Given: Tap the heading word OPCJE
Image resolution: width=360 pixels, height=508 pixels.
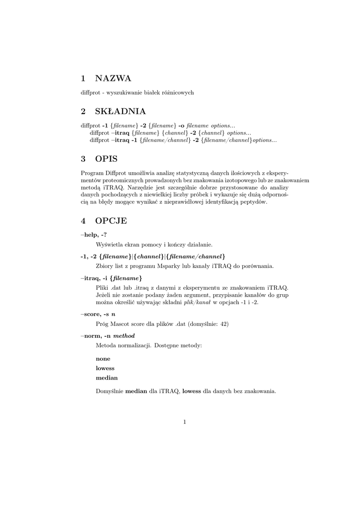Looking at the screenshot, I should pyautogui.click(x=111, y=221).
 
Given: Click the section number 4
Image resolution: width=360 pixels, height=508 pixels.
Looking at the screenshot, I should pyautogui.click(x=83, y=221).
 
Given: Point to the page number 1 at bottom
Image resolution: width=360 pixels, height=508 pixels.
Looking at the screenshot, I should pyautogui.click(x=184, y=422).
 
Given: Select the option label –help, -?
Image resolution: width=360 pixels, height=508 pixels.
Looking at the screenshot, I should pyautogui.click(x=94, y=235).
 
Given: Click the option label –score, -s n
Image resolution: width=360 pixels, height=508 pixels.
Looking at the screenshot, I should pyautogui.click(x=98, y=314).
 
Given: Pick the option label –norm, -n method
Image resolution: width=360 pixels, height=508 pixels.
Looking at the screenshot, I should pyautogui.click(x=107, y=336).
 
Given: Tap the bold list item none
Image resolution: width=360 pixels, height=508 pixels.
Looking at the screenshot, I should pyautogui.click(x=103, y=358).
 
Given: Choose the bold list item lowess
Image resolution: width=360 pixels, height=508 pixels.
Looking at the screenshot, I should pyautogui.click(x=105, y=368).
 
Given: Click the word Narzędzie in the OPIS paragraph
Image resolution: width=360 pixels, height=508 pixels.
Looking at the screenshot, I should pyautogui.click(x=142, y=188).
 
